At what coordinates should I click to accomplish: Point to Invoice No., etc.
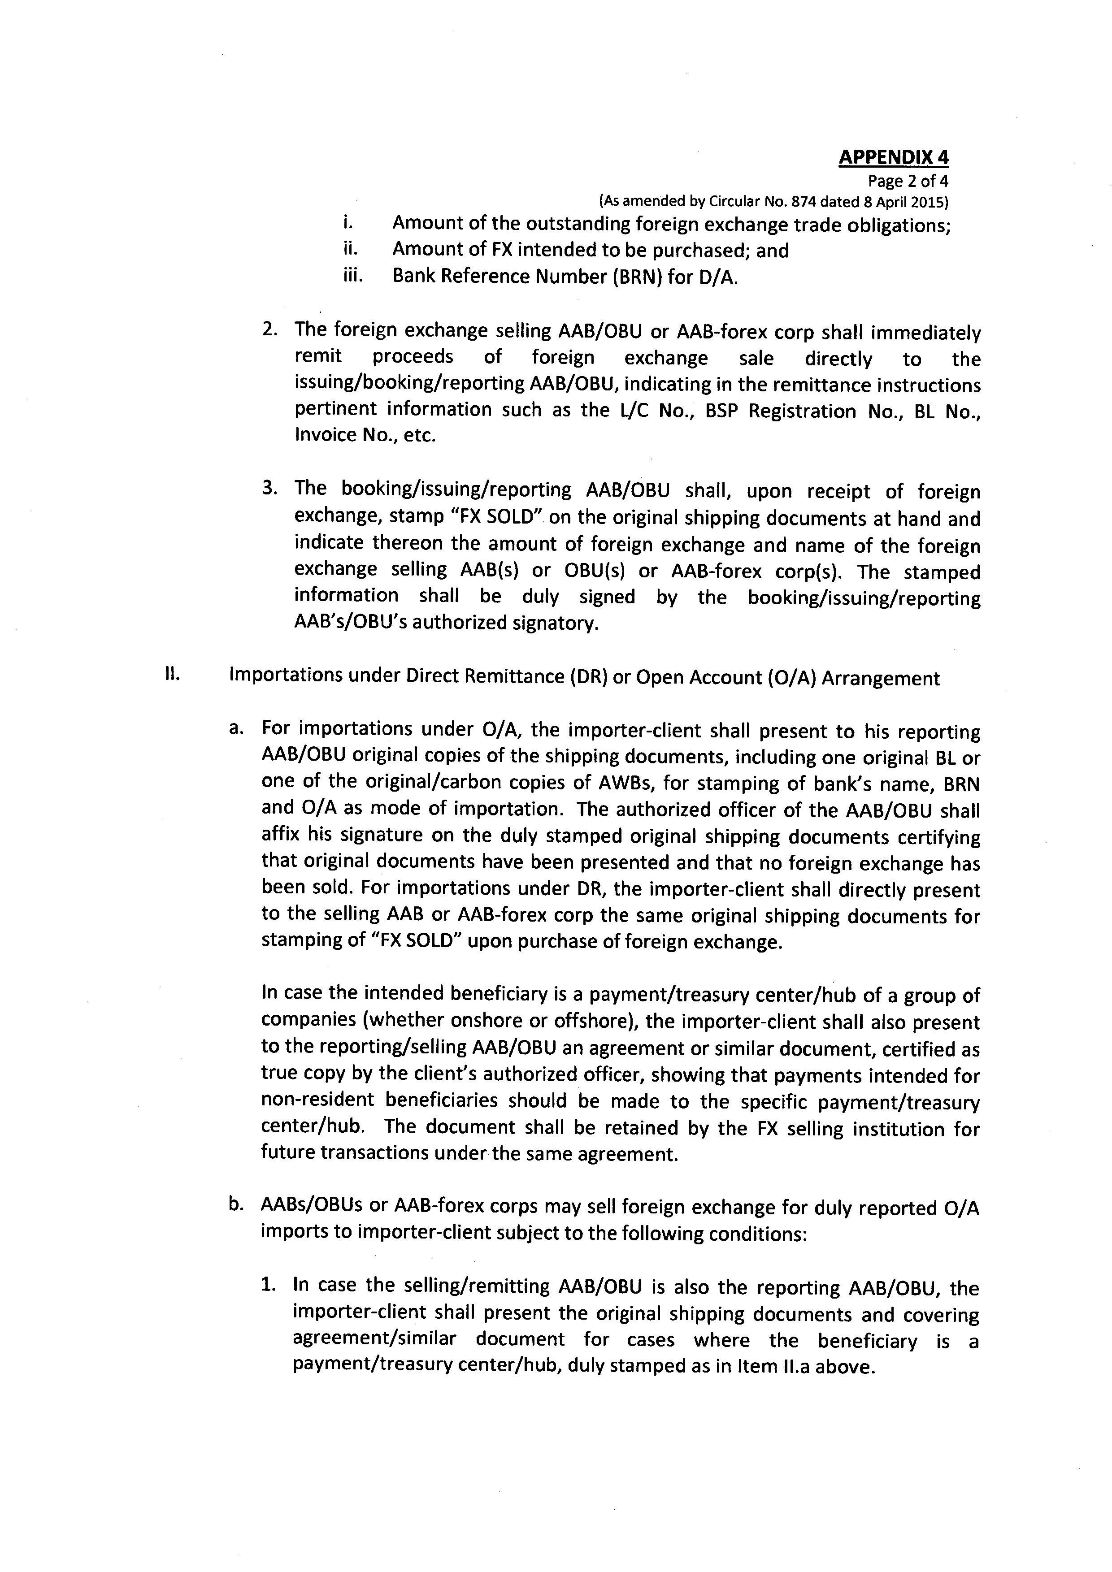[364, 435]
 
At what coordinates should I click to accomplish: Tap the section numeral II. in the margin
[171, 675]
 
